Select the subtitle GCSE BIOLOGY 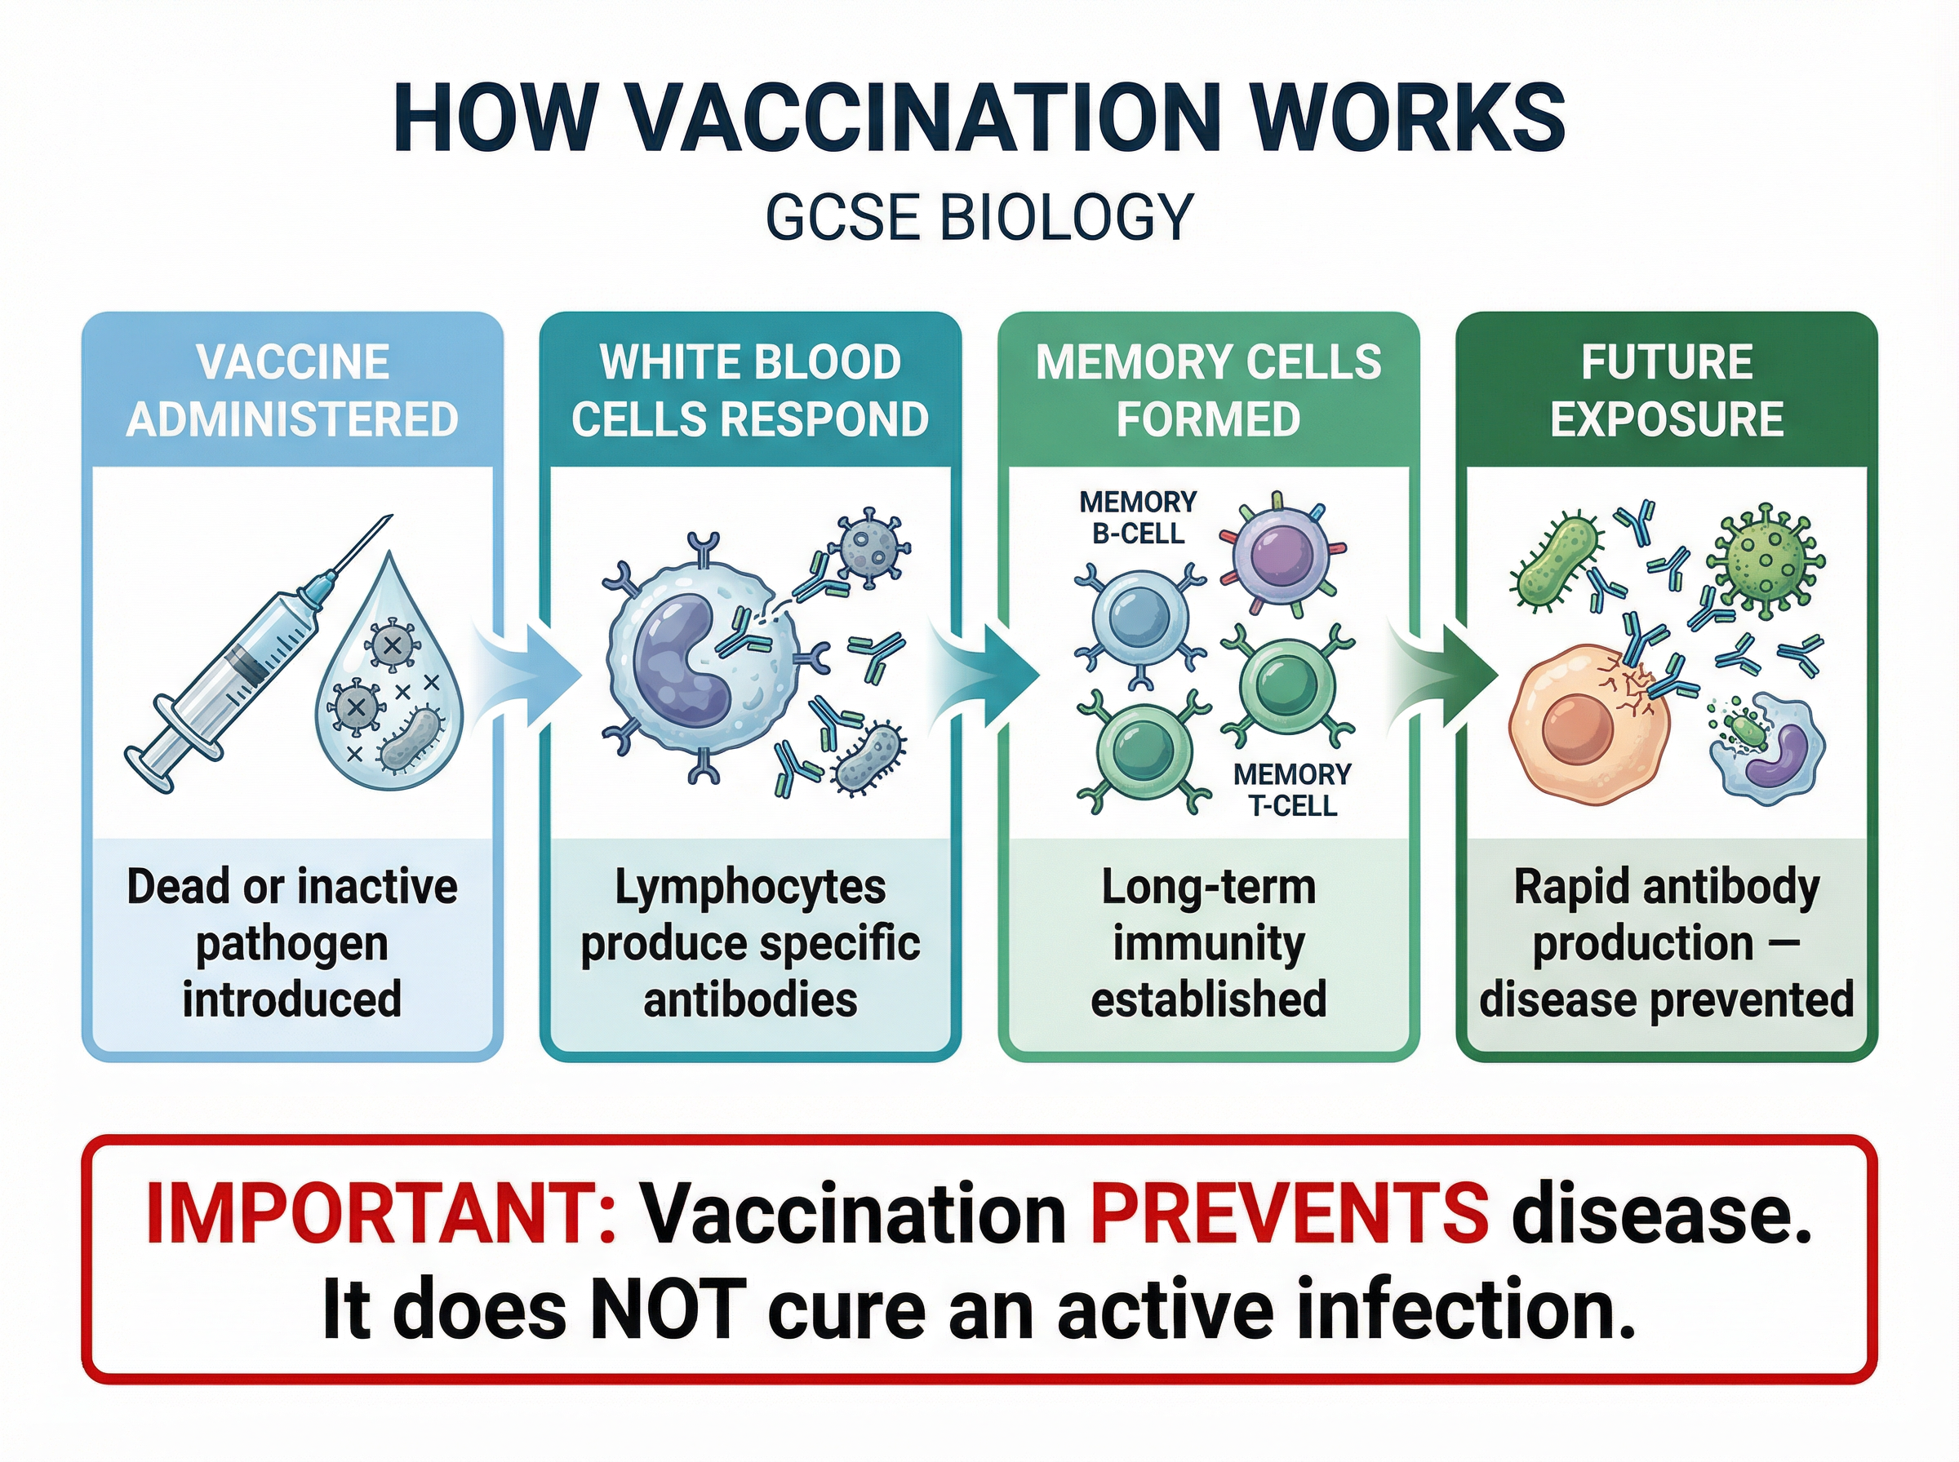[979, 217]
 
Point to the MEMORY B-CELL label [1138, 518]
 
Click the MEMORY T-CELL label [1291, 790]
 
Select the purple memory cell [1282, 556]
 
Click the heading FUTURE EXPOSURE [1667, 390]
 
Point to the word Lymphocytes [750, 887]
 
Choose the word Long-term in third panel [1208, 887]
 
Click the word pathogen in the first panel [292, 943]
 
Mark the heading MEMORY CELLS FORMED [1208, 390]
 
